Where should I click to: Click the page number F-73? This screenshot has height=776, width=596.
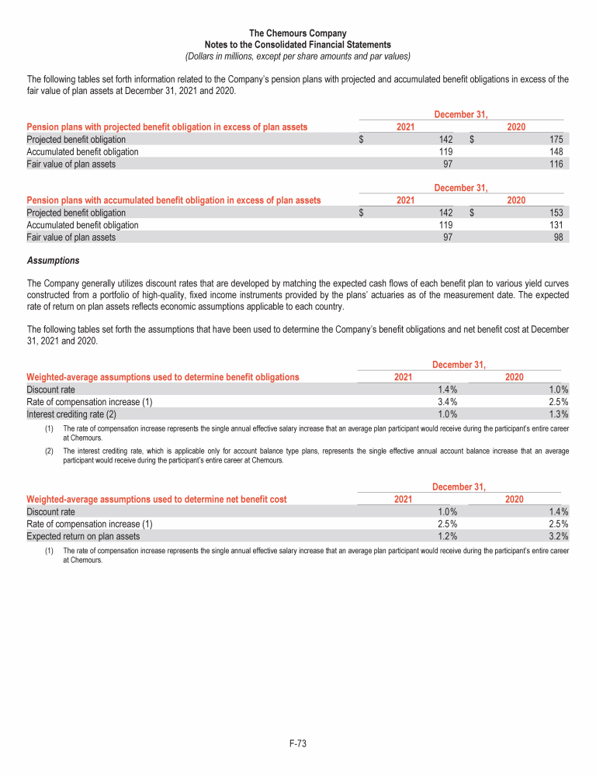point(297,744)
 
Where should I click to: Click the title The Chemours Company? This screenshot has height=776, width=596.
point(297,33)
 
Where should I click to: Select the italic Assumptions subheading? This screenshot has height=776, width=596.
point(53,260)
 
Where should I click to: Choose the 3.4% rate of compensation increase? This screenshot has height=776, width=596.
point(448,402)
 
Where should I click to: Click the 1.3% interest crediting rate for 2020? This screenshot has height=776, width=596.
point(559,414)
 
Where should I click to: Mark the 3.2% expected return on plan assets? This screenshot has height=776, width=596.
point(559,535)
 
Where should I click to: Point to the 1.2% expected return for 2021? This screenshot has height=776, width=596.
point(448,535)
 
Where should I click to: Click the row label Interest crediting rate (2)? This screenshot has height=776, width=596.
point(71,414)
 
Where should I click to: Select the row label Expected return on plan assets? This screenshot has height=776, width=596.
point(83,535)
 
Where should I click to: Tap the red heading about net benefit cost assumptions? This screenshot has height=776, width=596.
point(157,499)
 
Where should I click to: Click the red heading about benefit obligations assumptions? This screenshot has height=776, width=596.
point(163,377)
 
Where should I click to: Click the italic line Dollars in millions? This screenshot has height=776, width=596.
point(297,56)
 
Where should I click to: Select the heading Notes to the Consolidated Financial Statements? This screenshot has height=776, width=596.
point(297,45)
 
